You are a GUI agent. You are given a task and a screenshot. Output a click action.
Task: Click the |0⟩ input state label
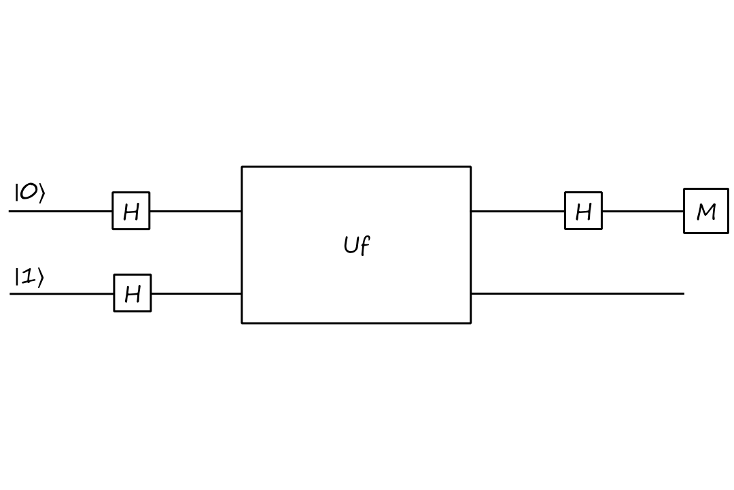[x=29, y=193]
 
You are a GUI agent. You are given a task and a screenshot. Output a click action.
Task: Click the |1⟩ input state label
[x=29, y=277]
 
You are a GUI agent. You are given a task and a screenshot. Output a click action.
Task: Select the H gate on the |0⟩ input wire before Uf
[x=131, y=211]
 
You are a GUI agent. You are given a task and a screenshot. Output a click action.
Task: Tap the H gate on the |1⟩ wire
[x=133, y=293]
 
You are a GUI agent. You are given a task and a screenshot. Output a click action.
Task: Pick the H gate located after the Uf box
[x=583, y=211]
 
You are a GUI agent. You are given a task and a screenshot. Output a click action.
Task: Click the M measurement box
[x=706, y=211]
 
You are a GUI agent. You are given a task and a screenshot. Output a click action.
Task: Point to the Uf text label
[x=356, y=245]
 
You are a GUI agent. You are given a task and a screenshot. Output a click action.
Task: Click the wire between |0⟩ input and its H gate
[x=61, y=211]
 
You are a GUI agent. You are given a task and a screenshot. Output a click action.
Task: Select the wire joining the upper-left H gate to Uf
[x=196, y=211]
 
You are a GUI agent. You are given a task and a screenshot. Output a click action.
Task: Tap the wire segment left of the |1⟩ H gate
[x=62, y=293]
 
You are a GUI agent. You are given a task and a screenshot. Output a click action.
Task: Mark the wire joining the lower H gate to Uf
[x=196, y=293]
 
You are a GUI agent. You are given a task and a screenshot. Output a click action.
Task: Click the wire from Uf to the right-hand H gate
[x=518, y=211]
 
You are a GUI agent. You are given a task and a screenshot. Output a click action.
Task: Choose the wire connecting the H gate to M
[x=643, y=211]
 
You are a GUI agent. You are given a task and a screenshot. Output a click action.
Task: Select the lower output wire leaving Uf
[x=578, y=293]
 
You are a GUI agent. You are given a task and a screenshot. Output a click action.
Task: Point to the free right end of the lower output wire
[x=683, y=293]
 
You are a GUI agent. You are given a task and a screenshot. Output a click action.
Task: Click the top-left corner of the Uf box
[x=242, y=167]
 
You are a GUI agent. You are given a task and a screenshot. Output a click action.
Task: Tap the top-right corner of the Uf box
[x=470, y=167]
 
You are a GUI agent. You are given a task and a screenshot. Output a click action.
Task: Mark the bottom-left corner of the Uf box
[x=242, y=323]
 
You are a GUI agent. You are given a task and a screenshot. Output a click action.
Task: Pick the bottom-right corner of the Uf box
[x=470, y=323]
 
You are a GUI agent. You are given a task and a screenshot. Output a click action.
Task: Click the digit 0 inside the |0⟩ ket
[x=29, y=193]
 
